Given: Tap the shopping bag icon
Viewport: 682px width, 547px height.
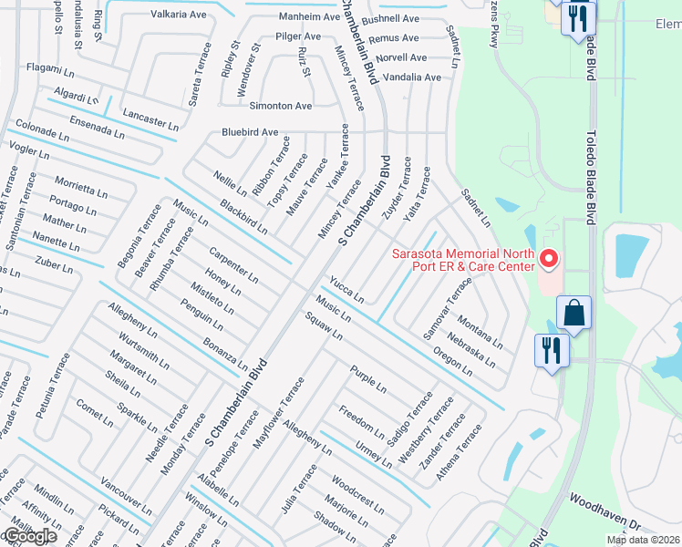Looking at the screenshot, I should click(574, 313).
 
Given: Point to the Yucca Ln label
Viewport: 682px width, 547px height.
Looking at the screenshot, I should click(346, 290).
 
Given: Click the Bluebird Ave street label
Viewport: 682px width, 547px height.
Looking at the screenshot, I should click(250, 132).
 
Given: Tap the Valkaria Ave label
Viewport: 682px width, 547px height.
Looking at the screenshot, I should click(179, 15).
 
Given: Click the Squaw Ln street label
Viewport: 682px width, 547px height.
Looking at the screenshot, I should click(324, 325).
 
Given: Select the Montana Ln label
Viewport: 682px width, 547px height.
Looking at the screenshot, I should click(480, 332).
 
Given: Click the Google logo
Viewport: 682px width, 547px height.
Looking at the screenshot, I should click(29, 536).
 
